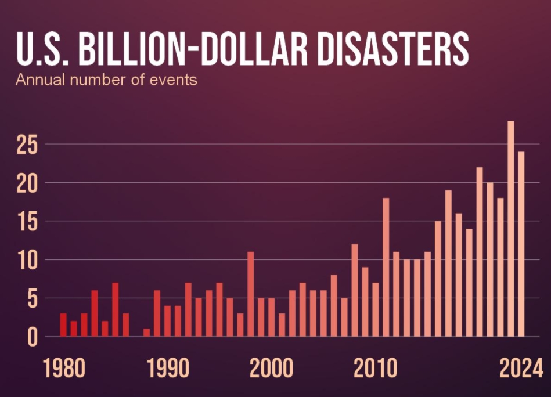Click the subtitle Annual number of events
(106, 80)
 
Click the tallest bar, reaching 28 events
(510, 229)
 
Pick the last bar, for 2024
(521, 244)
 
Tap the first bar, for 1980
(63, 325)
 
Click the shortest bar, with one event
(146, 333)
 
